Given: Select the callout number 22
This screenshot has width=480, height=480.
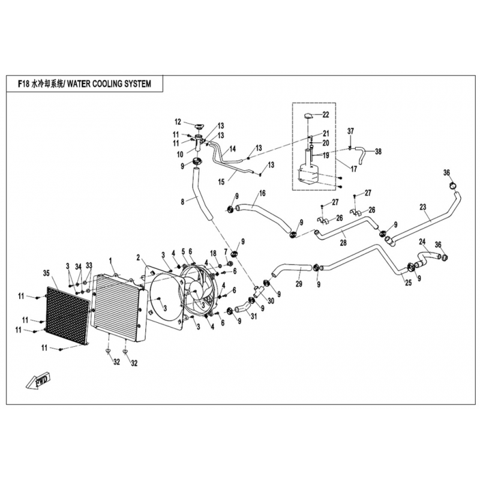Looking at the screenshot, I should (326, 114).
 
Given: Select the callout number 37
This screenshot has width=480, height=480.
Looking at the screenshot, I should (352, 131).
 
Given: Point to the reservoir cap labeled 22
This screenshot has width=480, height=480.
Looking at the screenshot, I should (308, 115).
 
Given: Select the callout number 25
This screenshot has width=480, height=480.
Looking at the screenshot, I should (409, 282).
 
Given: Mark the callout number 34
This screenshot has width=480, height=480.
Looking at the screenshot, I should (78, 265).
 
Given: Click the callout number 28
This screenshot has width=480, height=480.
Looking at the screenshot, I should (343, 243).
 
